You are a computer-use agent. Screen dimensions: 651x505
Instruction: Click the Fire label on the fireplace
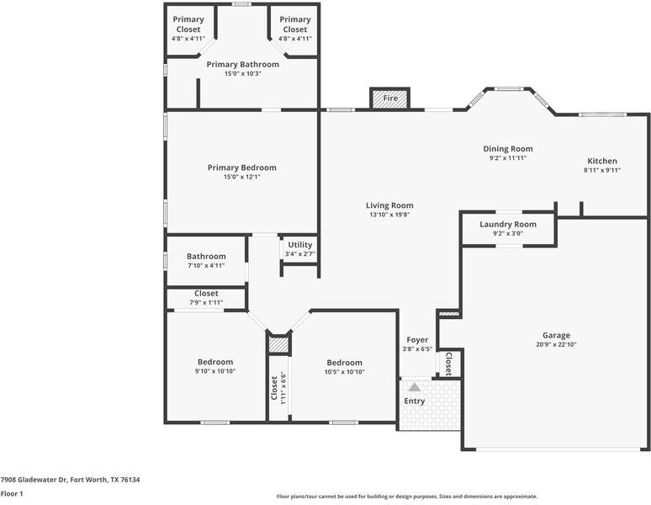tap(390, 98)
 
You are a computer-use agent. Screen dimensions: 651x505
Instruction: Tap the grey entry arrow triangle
tap(415, 387)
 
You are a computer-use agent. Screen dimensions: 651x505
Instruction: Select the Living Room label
tap(389, 205)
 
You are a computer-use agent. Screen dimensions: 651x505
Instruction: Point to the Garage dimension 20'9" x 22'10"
tap(556, 344)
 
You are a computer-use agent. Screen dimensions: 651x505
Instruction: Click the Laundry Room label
tap(508, 224)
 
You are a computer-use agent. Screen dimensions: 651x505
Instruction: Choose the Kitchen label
tap(602, 161)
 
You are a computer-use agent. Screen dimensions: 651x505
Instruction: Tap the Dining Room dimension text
tap(508, 158)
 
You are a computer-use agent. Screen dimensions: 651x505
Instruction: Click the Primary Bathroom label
tap(242, 64)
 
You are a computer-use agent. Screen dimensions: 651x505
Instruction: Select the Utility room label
tap(299, 245)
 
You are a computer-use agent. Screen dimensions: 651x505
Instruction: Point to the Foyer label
tap(417, 340)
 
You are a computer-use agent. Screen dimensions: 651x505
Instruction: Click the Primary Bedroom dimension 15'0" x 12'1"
tap(242, 177)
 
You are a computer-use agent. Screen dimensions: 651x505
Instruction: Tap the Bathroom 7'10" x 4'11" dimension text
tap(206, 265)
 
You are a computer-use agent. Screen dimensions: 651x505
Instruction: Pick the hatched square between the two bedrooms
tap(278, 344)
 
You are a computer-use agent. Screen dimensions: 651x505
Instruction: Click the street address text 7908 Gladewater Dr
tap(34, 480)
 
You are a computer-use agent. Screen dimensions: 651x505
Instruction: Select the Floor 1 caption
tap(12, 493)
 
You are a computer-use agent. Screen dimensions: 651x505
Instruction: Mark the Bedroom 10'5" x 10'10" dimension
tap(344, 372)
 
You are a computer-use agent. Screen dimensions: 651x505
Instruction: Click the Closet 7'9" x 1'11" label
tap(206, 293)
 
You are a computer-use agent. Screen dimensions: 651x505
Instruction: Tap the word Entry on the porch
tap(415, 401)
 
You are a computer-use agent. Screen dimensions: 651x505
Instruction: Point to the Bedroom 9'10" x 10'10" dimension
tap(215, 371)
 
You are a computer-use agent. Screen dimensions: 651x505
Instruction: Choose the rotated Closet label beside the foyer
tap(449, 364)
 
